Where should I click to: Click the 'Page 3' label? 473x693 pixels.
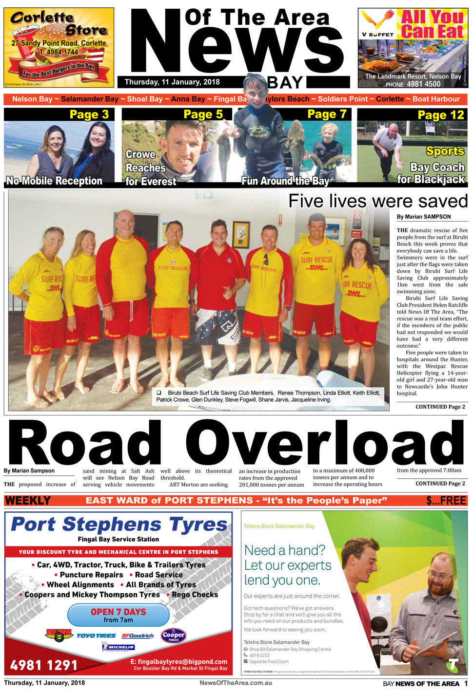point(89,114)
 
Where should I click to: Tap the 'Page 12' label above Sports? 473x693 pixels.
point(440,115)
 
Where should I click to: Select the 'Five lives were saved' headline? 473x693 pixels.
point(378,201)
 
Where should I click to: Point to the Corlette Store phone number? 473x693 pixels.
point(59,52)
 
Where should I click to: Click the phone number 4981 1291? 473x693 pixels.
point(44,665)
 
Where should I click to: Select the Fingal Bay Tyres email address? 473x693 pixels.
point(179,662)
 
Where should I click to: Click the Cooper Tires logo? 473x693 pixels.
point(174,636)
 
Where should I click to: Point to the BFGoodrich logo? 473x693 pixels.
point(138,636)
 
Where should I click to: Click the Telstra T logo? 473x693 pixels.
point(453,664)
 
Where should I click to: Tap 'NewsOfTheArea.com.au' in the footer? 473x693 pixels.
point(236,683)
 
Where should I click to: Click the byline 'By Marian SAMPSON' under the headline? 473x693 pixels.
point(423,217)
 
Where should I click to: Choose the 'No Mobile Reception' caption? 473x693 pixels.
point(54,181)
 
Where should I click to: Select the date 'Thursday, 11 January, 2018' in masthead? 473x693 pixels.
point(172,82)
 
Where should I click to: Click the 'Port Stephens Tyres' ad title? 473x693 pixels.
point(119,524)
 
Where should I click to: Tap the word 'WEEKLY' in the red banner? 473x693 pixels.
point(28,501)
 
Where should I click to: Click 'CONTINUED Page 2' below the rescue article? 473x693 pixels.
point(440,407)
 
